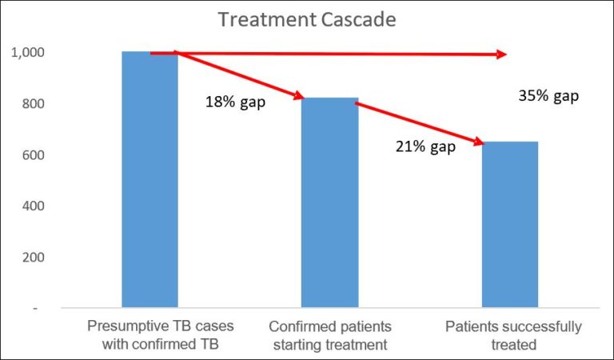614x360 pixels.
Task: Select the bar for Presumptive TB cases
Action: pos(150,179)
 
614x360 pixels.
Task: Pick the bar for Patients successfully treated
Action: pos(509,224)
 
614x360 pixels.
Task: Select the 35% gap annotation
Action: pos(548,96)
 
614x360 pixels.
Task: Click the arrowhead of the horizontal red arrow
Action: pos(502,54)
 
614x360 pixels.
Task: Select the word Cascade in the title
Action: pos(357,19)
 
